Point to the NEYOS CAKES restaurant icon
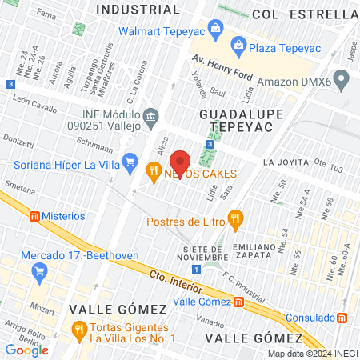tap(153, 170)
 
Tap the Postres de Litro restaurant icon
tap(234, 217)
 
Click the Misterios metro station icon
tap(34, 216)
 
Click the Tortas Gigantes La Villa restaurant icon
tap(78, 328)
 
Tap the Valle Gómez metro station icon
tap(239, 302)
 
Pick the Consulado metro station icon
tap(342, 318)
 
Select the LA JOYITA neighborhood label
tap(286, 162)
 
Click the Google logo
tap(26, 350)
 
